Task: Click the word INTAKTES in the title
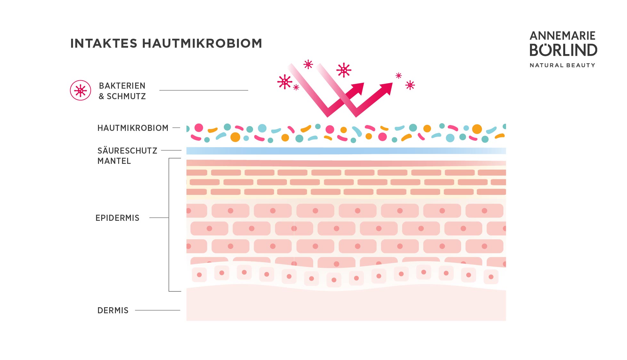click(x=103, y=44)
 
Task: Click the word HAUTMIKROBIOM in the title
click(x=202, y=44)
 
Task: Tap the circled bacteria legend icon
click(x=80, y=91)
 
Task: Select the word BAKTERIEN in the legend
click(x=122, y=86)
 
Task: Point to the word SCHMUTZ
click(x=126, y=96)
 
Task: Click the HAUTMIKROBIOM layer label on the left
click(x=133, y=128)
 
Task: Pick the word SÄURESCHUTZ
click(x=127, y=151)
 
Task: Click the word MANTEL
click(x=114, y=161)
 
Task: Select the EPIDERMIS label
click(x=117, y=218)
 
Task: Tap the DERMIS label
click(x=113, y=310)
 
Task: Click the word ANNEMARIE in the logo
click(x=562, y=36)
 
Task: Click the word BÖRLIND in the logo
click(x=563, y=50)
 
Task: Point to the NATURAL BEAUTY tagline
click(x=562, y=65)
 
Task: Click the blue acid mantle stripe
click(x=346, y=151)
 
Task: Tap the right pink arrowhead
click(x=386, y=88)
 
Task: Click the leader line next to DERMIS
click(x=157, y=310)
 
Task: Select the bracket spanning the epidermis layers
click(x=169, y=224)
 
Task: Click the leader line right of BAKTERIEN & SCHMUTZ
click(x=204, y=90)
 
